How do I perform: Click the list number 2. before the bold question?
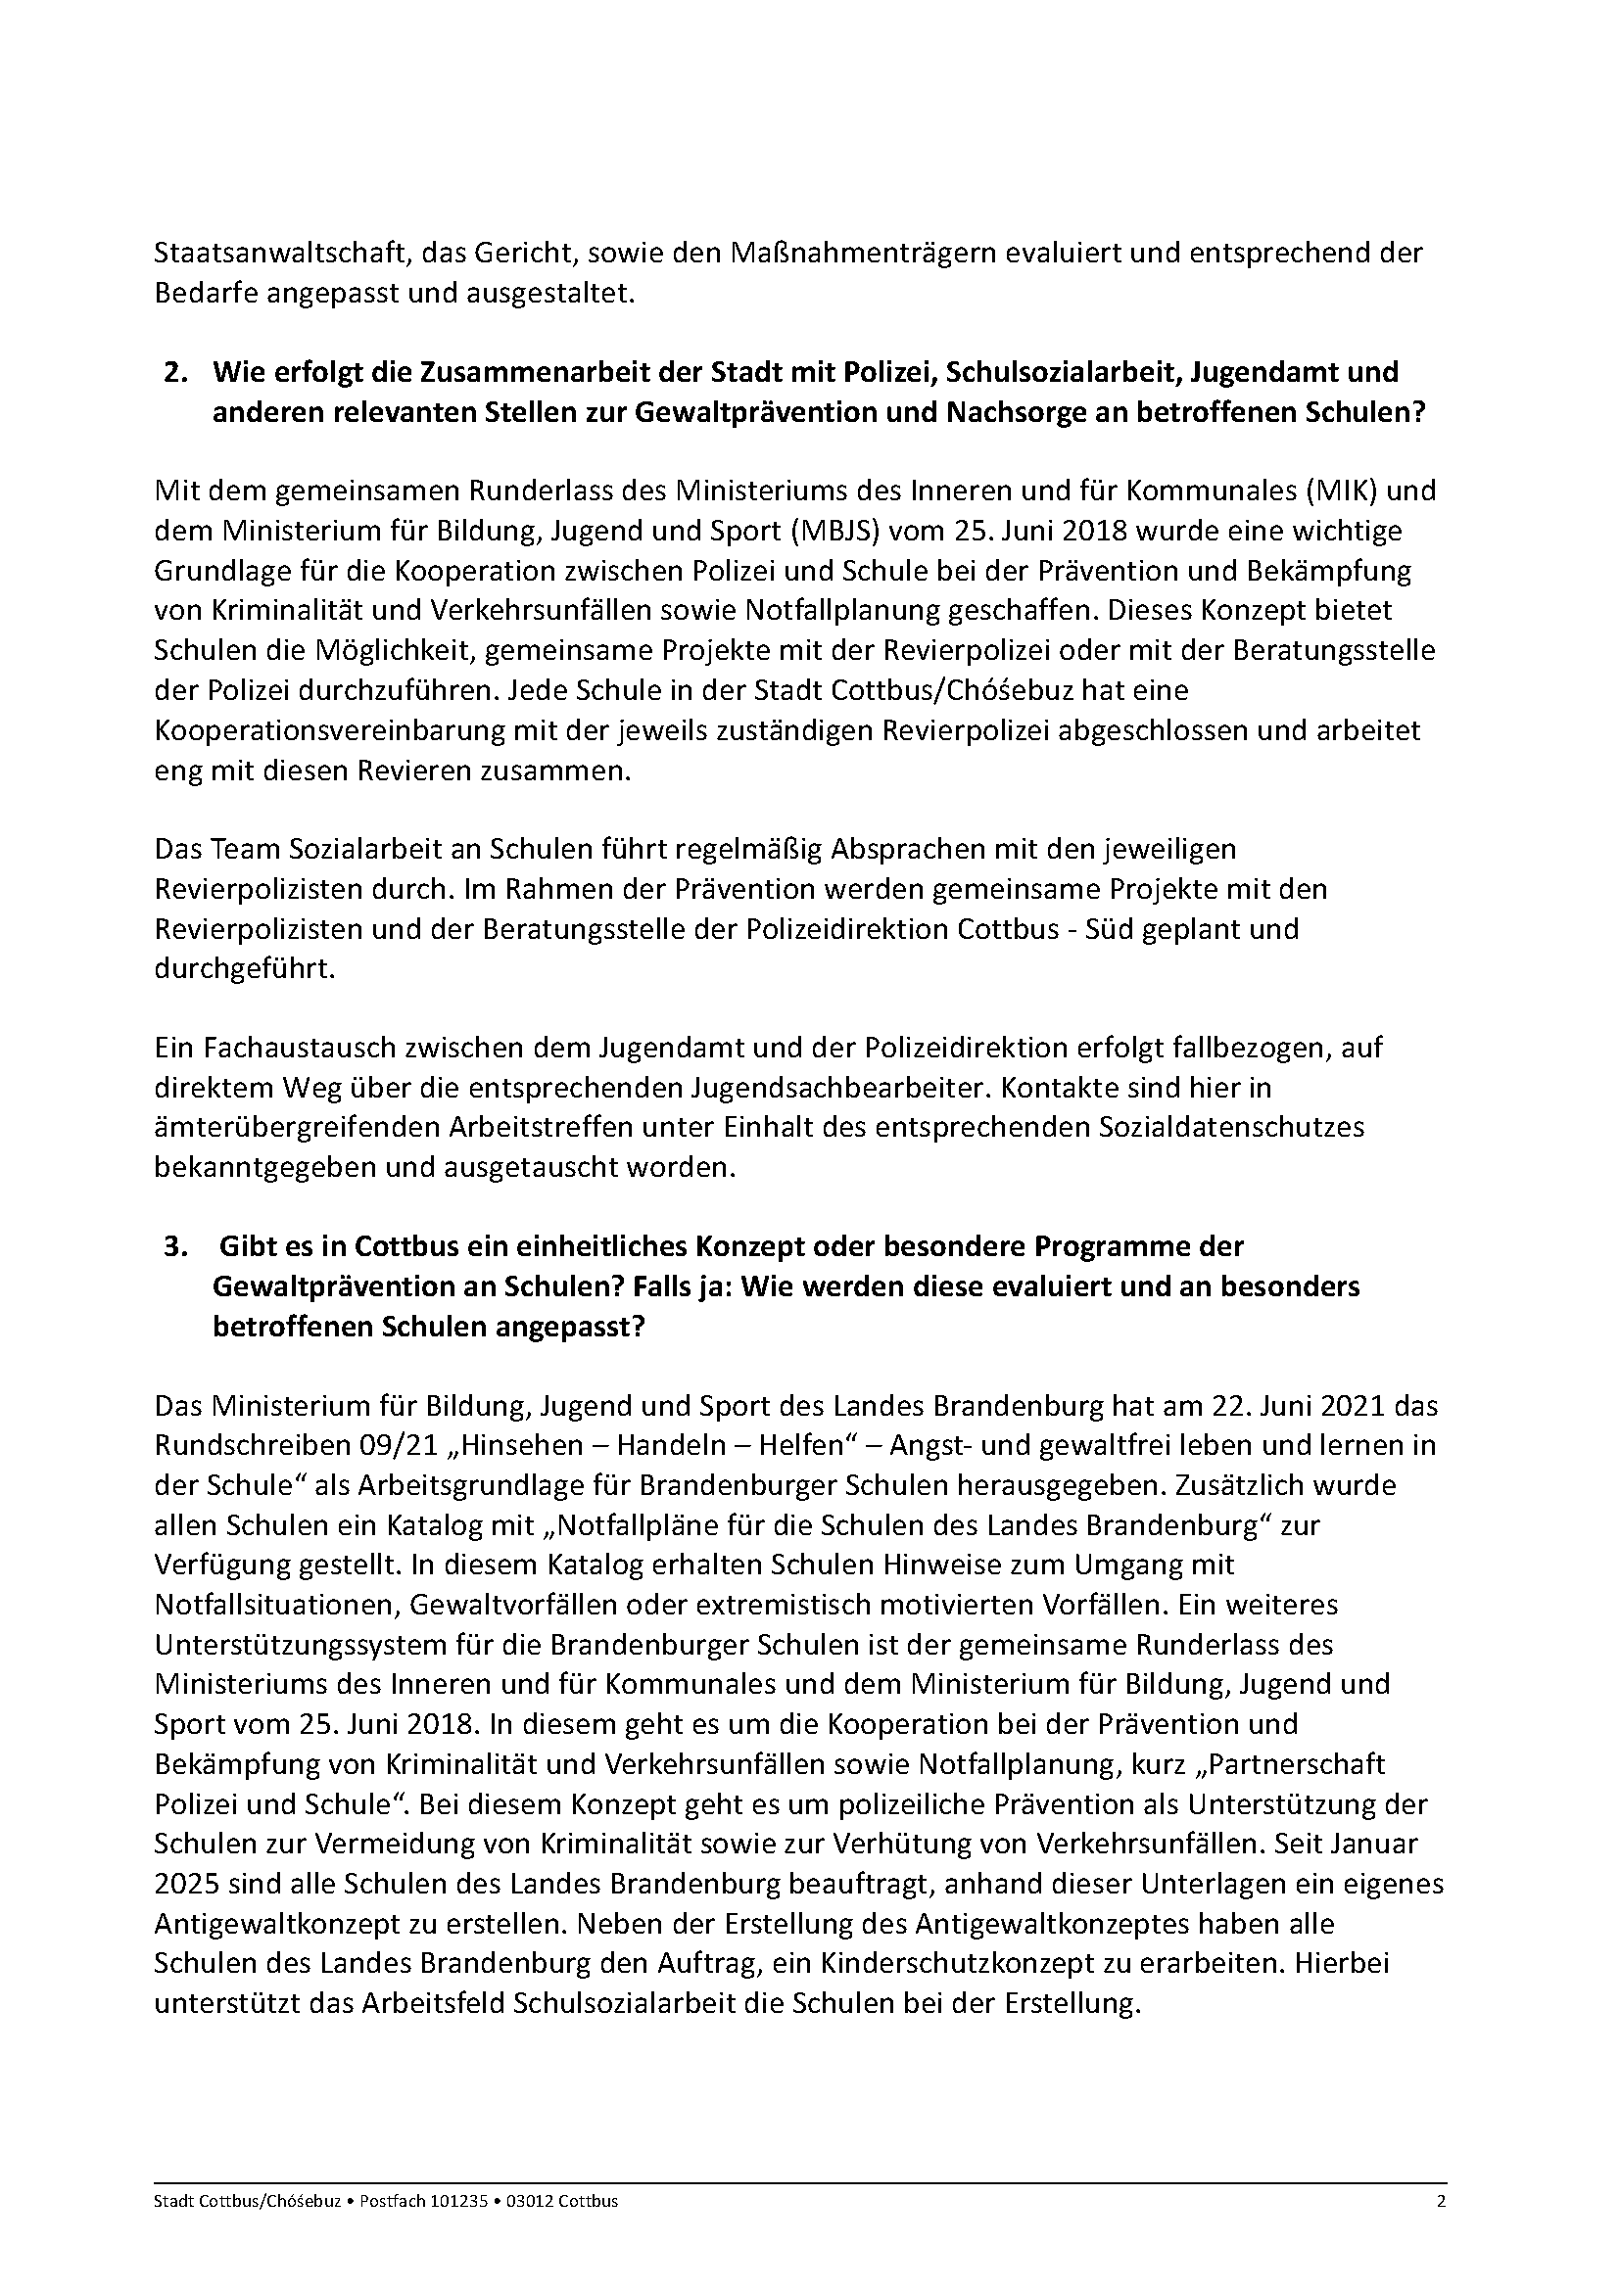(x=176, y=372)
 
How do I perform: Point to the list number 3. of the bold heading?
(x=176, y=1246)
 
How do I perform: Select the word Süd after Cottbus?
(x=1102, y=928)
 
